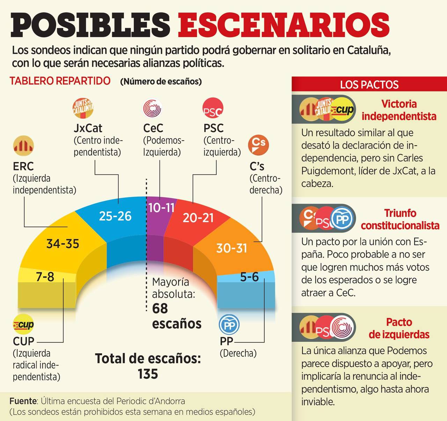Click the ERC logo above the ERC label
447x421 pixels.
click(23, 146)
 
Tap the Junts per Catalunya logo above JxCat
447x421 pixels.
click(83, 108)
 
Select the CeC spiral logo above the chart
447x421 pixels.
click(153, 108)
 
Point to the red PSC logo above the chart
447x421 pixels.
click(213, 108)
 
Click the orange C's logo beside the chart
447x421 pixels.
click(258, 145)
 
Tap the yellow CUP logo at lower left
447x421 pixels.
click(23, 325)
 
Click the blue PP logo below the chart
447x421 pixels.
click(229, 325)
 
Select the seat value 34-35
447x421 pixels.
click(63, 244)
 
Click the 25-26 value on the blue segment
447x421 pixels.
click(115, 216)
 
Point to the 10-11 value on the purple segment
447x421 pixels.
click(161, 208)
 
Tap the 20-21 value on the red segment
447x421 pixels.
click(198, 218)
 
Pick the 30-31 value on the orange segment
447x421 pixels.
click(232, 248)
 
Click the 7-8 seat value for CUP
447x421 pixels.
click(45, 277)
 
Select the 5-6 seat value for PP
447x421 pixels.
click(249, 277)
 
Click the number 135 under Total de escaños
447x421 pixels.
click(148, 374)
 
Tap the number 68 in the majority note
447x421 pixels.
click(160, 309)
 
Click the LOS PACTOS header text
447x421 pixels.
click(369, 85)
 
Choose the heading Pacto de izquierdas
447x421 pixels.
click(399, 328)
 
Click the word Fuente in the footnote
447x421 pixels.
click(23, 401)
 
